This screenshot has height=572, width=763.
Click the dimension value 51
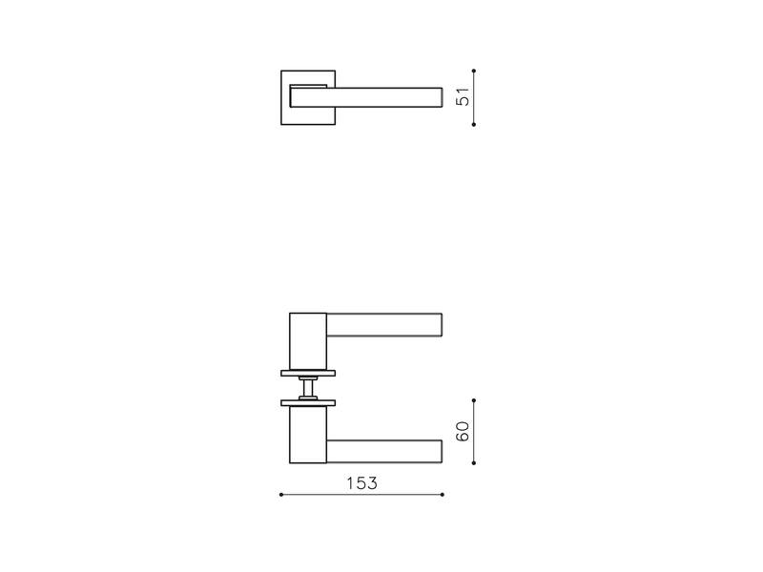pos(463,96)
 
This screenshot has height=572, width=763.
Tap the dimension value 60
pos(463,432)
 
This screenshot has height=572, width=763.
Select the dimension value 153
pos(361,483)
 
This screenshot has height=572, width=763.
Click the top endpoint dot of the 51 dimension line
pos(473,71)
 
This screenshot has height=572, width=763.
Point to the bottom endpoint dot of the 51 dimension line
pos(473,125)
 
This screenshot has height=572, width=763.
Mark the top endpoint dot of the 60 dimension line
pos(473,400)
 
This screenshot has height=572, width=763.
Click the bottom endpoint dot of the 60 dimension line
pos(473,463)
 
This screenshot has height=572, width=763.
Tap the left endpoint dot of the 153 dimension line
pos(281,495)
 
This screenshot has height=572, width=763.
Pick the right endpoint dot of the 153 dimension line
pos(442,495)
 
